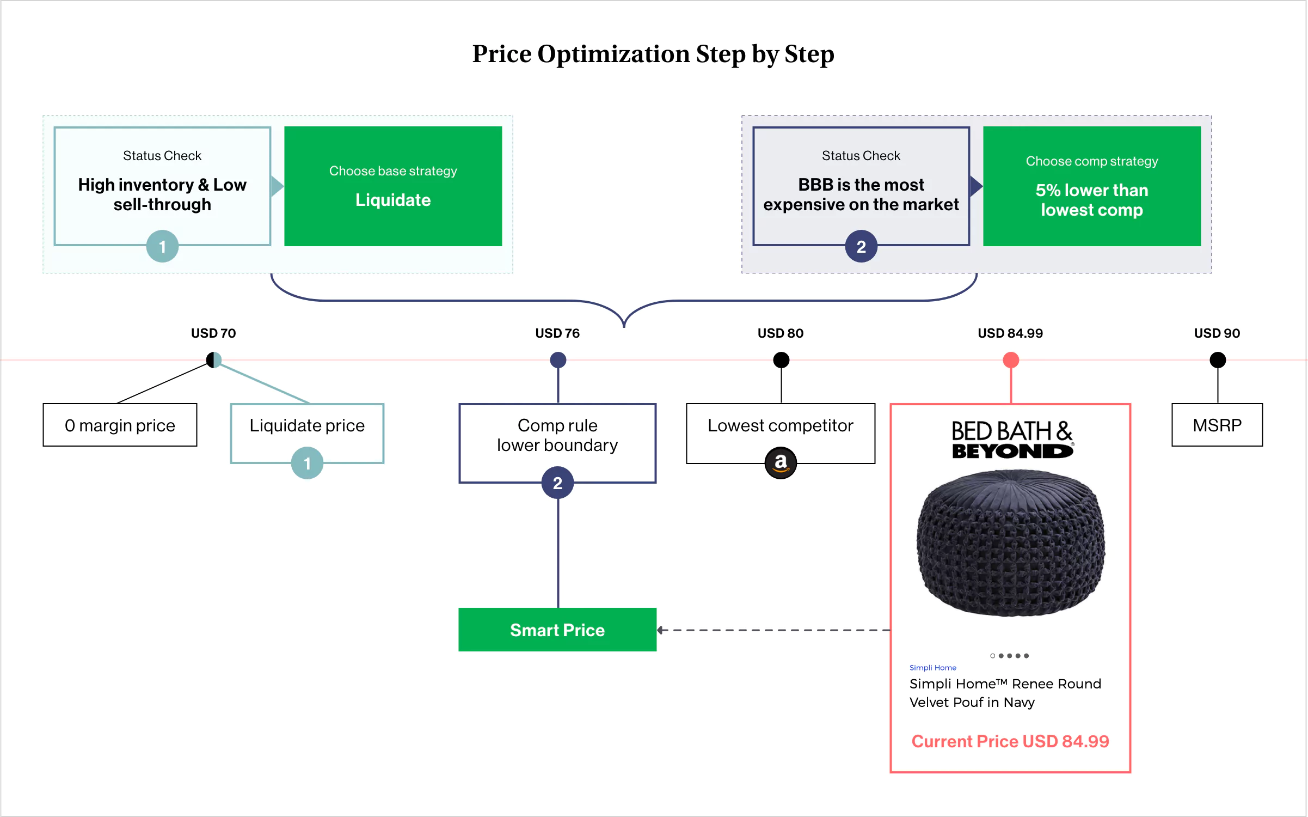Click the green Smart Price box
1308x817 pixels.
pyautogui.click(x=557, y=630)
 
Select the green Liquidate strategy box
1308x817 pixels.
pyautogui.click(x=393, y=186)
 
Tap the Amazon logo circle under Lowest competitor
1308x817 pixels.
pyautogui.click(x=781, y=463)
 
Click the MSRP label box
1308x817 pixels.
pyautogui.click(x=1217, y=425)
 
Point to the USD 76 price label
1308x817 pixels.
pyautogui.click(x=557, y=333)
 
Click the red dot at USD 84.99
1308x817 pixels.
pyautogui.click(x=1011, y=360)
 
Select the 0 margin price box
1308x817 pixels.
pyautogui.click(x=120, y=425)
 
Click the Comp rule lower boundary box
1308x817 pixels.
pyautogui.click(x=557, y=435)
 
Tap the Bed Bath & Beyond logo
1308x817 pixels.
pyautogui.click(x=1012, y=440)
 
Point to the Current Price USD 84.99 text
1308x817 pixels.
pyautogui.click(x=1010, y=741)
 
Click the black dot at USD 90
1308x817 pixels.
pyautogui.click(x=1218, y=360)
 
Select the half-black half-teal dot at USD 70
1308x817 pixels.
pyautogui.click(x=214, y=360)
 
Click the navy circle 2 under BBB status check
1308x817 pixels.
pyautogui.click(x=861, y=247)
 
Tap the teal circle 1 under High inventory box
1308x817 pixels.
pyautogui.click(x=162, y=247)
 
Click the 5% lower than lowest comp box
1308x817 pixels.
pyautogui.click(x=1092, y=186)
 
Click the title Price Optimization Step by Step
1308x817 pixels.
pyautogui.click(x=653, y=54)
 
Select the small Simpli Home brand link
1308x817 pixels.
pyautogui.click(x=932, y=668)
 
